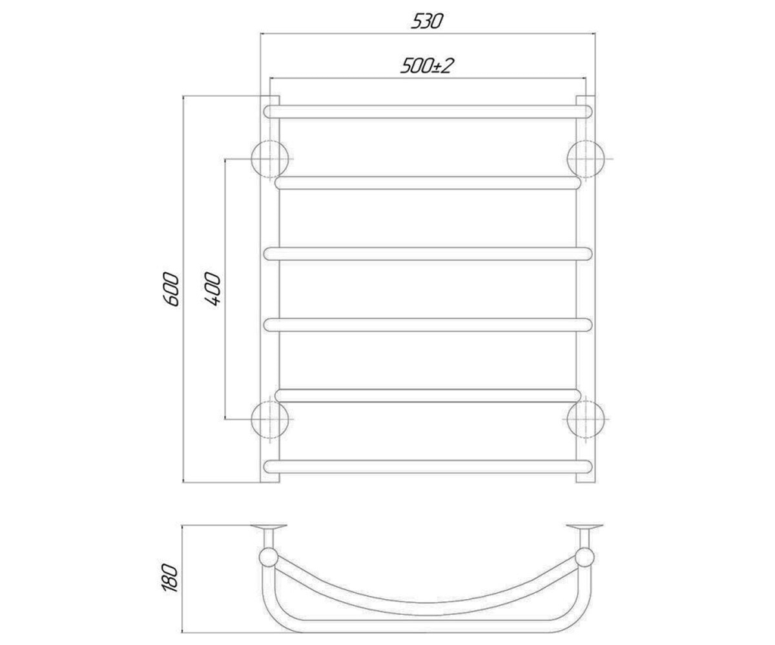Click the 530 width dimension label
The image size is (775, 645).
coord(427,21)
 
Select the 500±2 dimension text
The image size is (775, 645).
coord(427,66)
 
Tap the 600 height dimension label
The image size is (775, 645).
coord(171,289)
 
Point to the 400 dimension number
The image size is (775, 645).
coord(212,289)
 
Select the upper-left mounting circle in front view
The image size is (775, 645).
coord(270,159)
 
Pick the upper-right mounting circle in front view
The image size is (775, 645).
coord(586,159)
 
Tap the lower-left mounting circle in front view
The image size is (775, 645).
coord(270,419)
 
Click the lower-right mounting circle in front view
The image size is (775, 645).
coord(586,419)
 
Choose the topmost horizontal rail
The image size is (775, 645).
coord(428,112)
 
